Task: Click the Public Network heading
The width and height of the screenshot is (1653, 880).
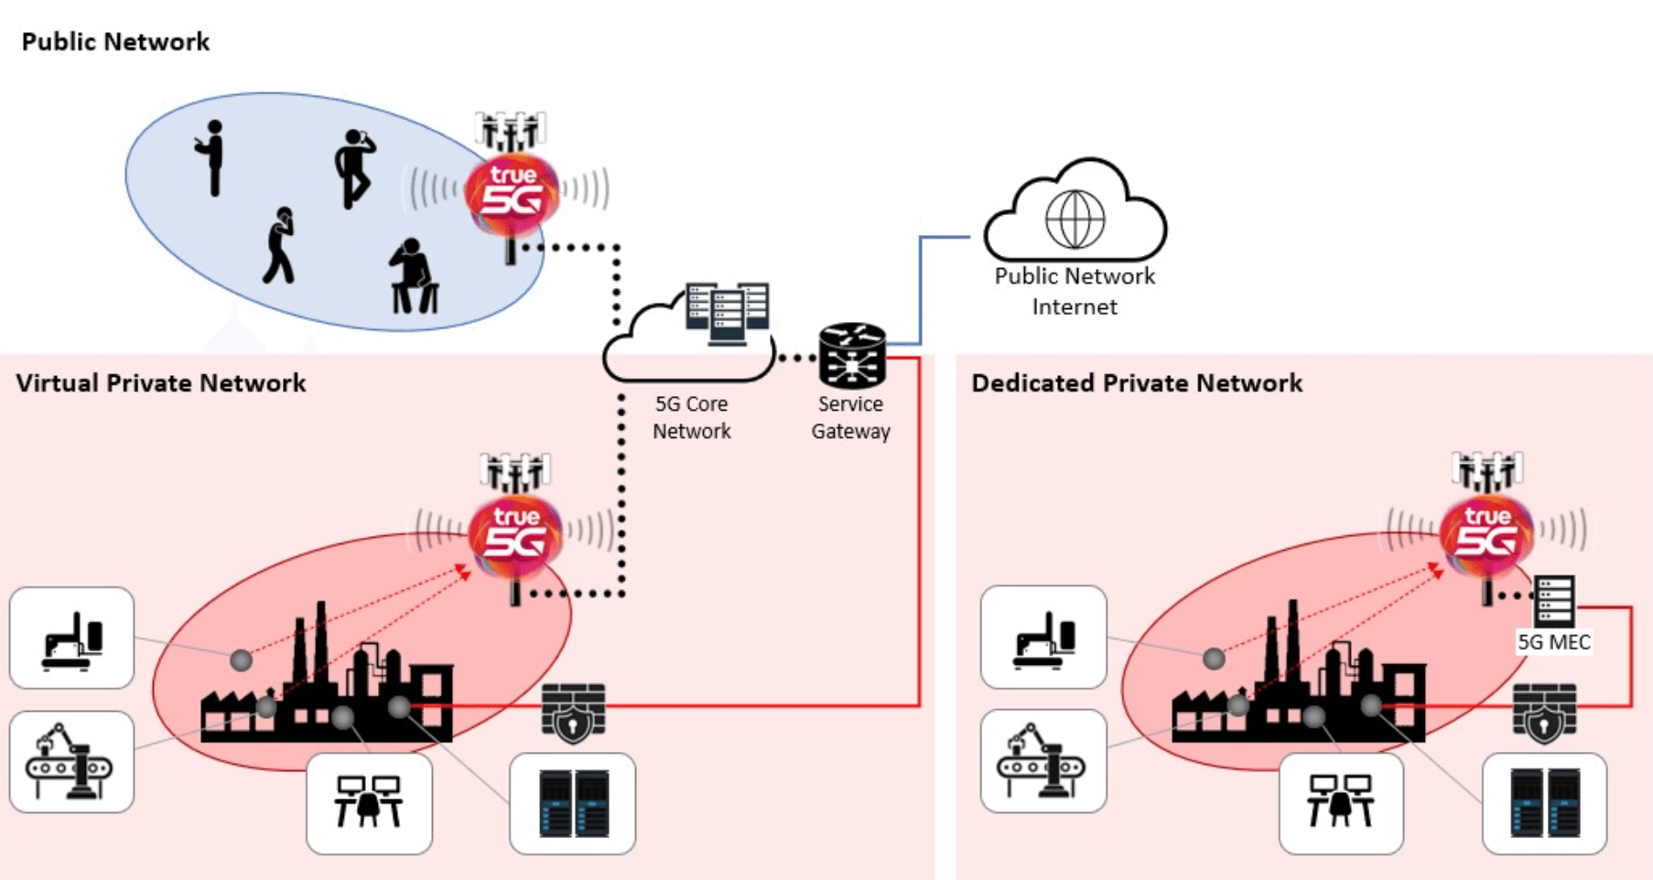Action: pyautogui.click(x=115, y=42)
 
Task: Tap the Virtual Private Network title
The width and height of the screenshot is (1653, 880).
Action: pyautogui.click(x=160, y=383)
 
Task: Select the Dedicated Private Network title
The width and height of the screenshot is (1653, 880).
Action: pyautogui.click(x=1136, y=383)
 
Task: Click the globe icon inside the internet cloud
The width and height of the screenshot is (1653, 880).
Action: pyautogui.click(x=1075, y=219)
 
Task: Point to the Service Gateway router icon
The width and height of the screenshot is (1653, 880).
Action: pyautogui.click(x=852, y=356)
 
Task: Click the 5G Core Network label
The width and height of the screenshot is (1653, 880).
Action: pyautogui.click(x=691, y=417)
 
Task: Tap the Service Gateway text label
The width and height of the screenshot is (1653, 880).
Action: pyautogui.click(x=850, y=417)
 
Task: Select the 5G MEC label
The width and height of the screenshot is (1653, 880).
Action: pyautogui.click(x=1553, y=642)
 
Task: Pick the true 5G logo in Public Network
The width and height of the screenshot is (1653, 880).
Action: pyautogui.click(x=512, y=193)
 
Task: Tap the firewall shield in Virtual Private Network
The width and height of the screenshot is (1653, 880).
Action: pyautogui.click(x=573, y=713)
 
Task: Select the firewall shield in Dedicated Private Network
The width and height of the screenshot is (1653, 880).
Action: pyautogui.click(x=1544, y=713)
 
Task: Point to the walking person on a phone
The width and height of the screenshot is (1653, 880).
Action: pyautogui.click(x=279, y=245)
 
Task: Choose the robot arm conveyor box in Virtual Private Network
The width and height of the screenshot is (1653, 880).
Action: pyautogui.click(x=71, y=762)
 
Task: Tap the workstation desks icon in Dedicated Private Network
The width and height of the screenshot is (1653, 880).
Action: pyautogui.click(x=1340, y=802)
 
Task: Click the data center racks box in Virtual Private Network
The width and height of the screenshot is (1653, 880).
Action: pyautogui.click(x=572, y=803)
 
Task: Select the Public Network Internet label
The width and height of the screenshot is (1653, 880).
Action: pyautogui.click(x=1075, y=291)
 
